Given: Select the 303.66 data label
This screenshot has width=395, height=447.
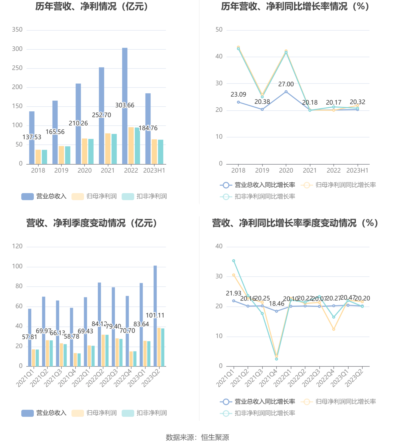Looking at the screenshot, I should pos(125,105).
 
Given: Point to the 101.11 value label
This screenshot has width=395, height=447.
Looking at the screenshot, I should pos(155,315).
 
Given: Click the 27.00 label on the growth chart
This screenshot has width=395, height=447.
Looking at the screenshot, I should pos(286,84).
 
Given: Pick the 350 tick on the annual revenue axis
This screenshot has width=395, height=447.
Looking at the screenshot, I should pos(17,30).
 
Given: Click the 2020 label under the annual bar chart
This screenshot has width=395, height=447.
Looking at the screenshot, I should pos(85,171).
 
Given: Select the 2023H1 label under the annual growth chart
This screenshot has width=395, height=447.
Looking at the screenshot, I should pos(357,171).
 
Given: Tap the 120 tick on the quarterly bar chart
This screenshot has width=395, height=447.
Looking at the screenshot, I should pos(17,246).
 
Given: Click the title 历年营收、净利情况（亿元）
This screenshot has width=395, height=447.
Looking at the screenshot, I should pos(92,7).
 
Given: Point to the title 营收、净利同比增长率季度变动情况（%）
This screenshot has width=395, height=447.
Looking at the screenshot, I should pos(295,223).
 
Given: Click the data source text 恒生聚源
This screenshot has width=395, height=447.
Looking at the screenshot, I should pos(215,437).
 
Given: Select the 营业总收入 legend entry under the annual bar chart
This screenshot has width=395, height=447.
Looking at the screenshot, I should pos(44,196).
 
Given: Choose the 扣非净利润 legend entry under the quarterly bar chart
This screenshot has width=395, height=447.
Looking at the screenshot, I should pos(145,413).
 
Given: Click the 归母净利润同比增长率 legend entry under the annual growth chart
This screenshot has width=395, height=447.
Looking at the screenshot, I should pos(340,185).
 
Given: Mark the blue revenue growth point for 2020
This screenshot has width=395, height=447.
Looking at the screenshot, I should pos(286,92).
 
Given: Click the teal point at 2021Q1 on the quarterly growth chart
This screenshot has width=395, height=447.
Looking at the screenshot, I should pos(234,261).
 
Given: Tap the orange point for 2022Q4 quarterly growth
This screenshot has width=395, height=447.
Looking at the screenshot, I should pos(334,329).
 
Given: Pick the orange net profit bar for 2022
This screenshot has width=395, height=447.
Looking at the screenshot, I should pos(131,145).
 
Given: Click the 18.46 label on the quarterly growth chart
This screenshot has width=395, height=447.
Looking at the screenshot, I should pos(277,304).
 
